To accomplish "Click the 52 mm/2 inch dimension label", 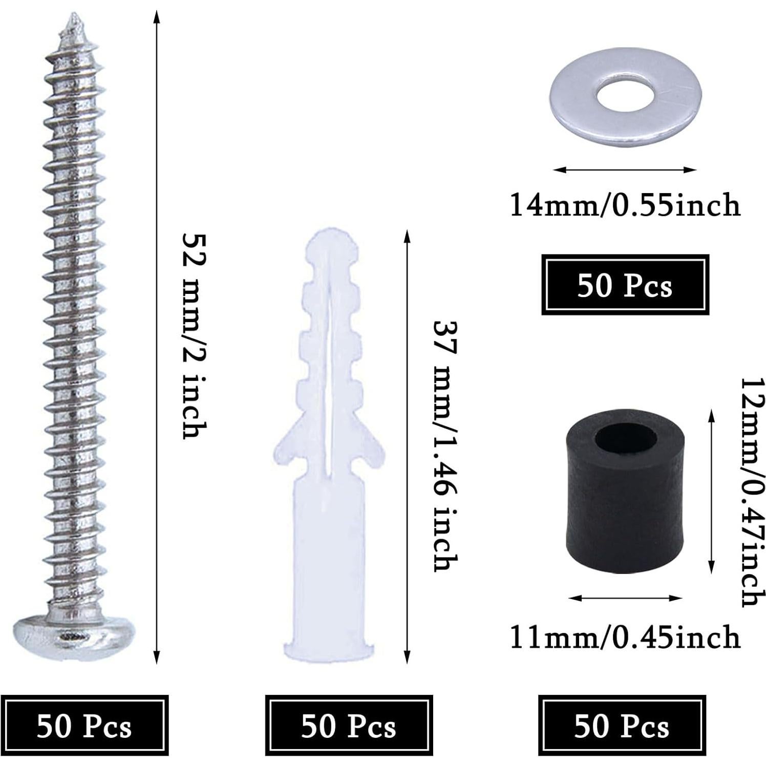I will [x=195, y=335].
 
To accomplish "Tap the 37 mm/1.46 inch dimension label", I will [x=444, y=445].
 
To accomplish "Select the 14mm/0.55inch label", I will [x=625, y=205].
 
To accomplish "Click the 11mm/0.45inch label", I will [x=625, y=637].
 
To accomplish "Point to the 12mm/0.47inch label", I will [x=752, y=492].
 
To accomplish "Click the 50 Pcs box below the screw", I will [x=84, y=726].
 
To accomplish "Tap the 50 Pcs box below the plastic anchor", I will [x=349, y=726].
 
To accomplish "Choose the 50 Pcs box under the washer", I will [x=625, y=285].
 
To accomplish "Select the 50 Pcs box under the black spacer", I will [x=622, y=726].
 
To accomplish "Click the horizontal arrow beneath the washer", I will [x=625, y=169].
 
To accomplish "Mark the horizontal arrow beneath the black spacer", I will [x=625, y=598].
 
